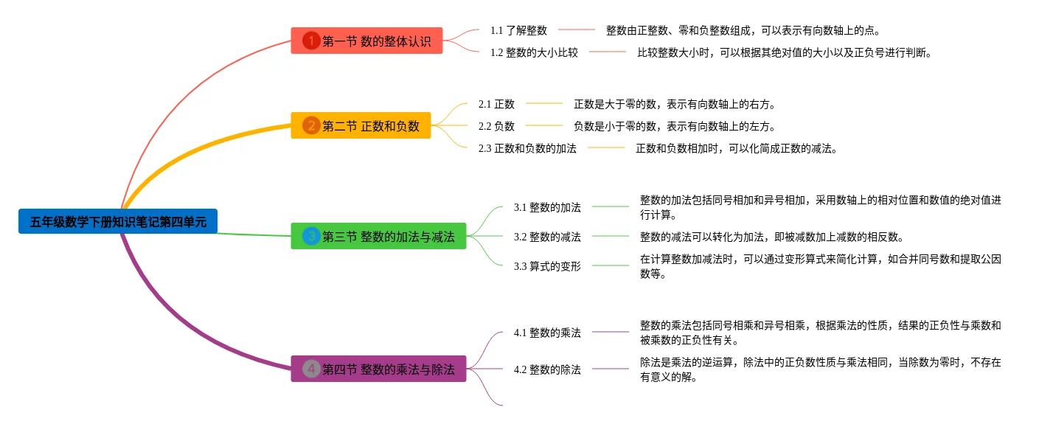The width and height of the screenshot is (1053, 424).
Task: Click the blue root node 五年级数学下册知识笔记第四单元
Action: [x=118, y=221]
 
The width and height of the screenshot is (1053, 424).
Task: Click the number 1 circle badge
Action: [x=311, y=41]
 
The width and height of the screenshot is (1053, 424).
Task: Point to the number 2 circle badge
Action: [x=311, y=126]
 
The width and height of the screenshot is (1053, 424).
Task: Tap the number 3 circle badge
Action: [x=311, y=237]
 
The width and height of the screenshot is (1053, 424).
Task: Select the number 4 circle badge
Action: [x=311, y=369]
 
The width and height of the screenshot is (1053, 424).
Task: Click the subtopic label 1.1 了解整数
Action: [x=518, y=30]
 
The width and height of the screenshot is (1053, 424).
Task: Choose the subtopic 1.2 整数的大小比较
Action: [x=534, y=52]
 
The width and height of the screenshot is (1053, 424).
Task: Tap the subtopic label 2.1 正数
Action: [x=496, y=104]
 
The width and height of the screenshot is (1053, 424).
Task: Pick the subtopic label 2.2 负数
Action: [x=496, y=126]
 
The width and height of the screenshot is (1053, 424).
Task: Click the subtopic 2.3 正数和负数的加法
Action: [x=527, y=148]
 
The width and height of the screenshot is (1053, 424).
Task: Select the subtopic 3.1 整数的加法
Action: [x=547, y=207]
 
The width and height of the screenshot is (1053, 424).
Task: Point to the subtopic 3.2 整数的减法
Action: [x=547, y=237]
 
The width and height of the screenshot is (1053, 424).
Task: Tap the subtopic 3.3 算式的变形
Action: [x=547, y=266]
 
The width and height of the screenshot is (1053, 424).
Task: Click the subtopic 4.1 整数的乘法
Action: [x=547, y=333]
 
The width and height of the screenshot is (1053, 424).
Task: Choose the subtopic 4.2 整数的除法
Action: [x=547, y=369]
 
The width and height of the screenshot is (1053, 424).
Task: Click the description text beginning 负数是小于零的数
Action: [x=674, y=126]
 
